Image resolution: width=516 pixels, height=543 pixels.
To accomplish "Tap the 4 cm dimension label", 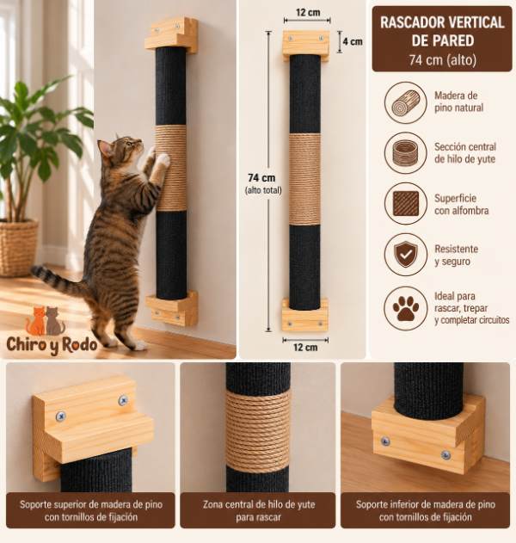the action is pyautogui.click(x=353, y=42).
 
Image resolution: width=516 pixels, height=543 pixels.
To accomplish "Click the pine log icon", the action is pyautogui.click(x=406, y=103).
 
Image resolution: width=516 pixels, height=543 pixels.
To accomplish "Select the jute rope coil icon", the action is pyautogui.click(x=406, y=152).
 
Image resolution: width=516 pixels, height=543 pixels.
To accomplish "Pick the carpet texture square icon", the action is pyautogui.click(x=406, y=204).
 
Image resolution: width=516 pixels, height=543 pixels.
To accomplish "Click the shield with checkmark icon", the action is pyautogui.click(x=406, y=255).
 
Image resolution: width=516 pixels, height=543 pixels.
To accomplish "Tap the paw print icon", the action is pyautogui.click(x=406, y=308).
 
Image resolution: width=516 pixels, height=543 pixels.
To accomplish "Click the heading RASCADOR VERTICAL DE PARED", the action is pyautogui.click(x=442, y=32).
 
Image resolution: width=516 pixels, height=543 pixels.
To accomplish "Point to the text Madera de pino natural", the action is pyautogui.click(x=459, y=102).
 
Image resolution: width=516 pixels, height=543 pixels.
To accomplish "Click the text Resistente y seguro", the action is pyautogui.click(x=456, y=255).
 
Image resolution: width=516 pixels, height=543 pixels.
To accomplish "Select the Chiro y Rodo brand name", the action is pyautogui.click(x=52, y=345).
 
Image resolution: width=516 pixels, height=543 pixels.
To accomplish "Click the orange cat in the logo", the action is pyautogui.click(x=35, y=321).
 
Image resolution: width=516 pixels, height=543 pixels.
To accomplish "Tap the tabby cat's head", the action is pyautogui.click(x=120, y=149).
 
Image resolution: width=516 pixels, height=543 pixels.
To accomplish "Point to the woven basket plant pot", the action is pyautogui.click(x=19, y=248).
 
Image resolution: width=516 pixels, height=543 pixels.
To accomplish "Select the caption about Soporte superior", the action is pyautogui.click(x=90, y=511).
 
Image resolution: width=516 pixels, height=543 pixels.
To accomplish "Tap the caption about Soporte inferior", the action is pyautogui.click(x=426, y=511).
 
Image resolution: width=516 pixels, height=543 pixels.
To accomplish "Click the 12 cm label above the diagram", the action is pyautogui.click(x=308, y=12).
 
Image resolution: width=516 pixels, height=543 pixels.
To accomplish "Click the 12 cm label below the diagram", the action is pyautogui.click(x=305, y=348).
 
